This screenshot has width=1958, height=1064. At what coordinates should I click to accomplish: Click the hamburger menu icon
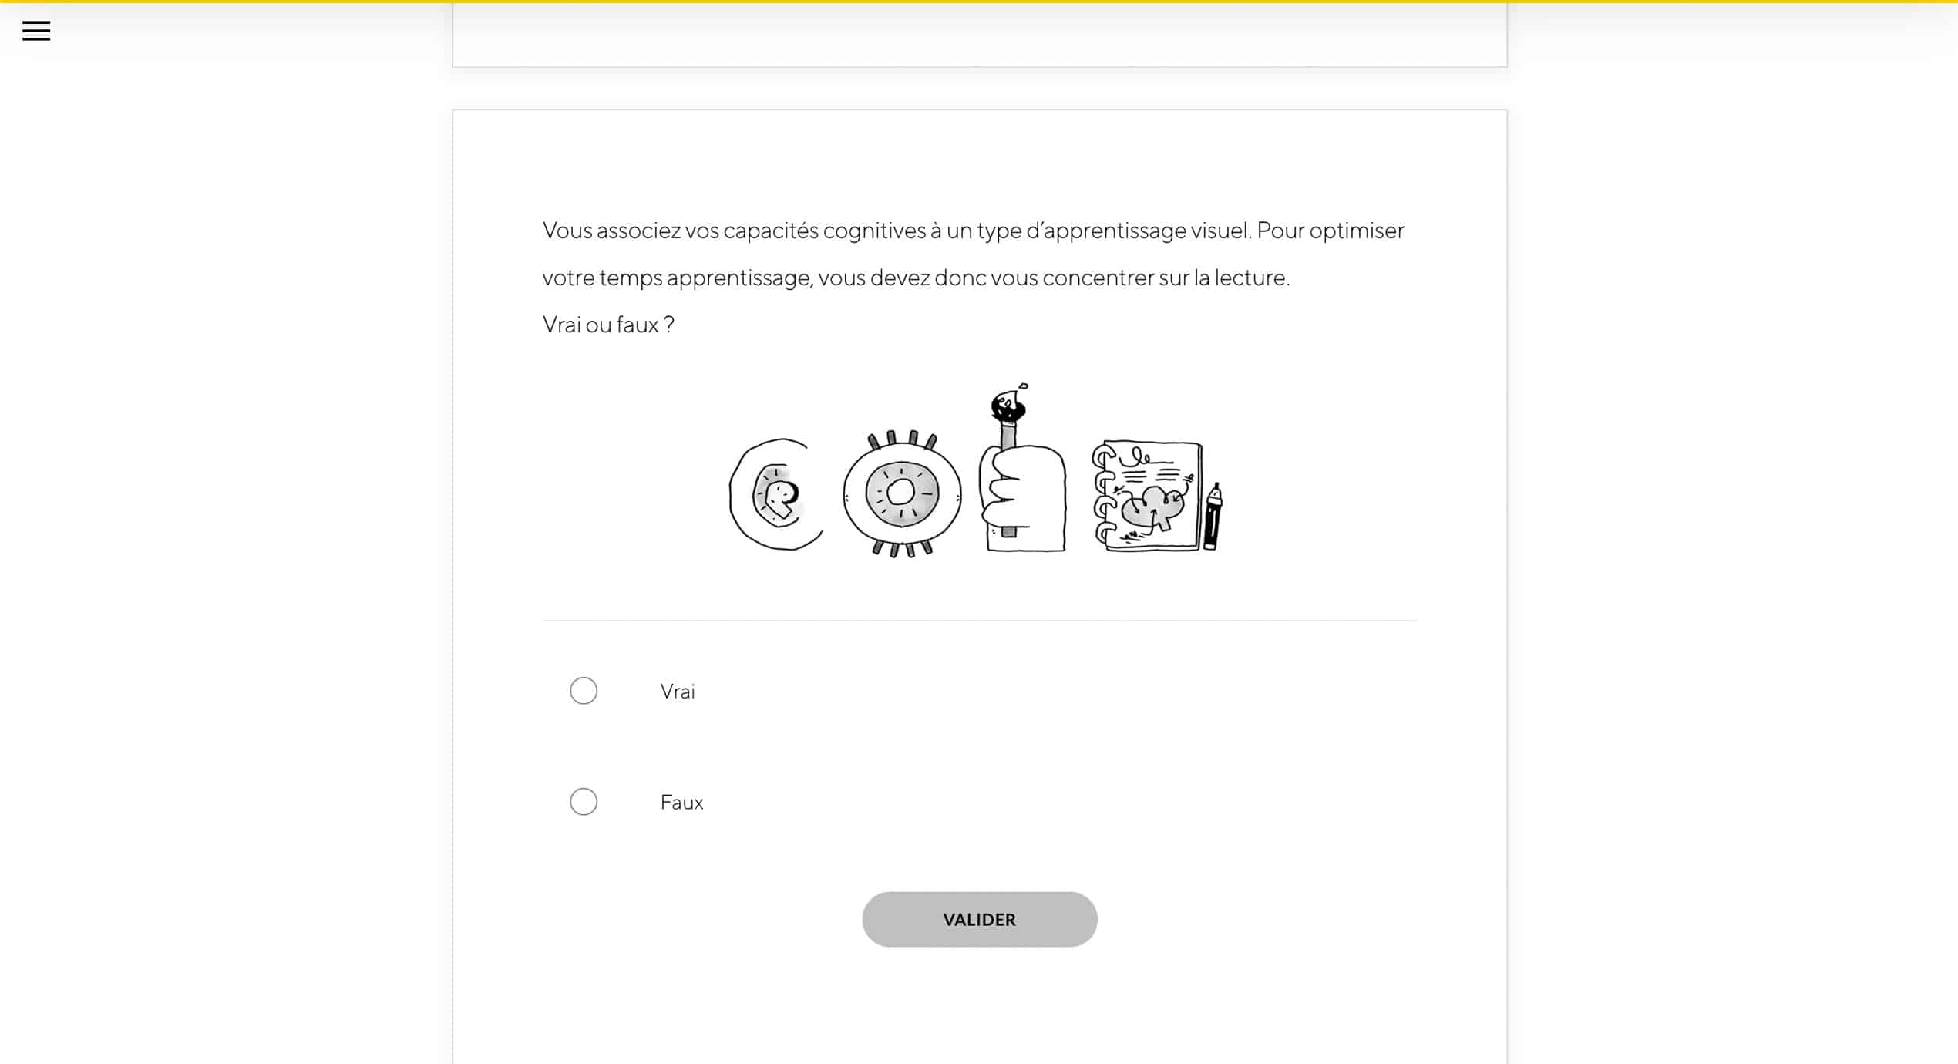[36, 31]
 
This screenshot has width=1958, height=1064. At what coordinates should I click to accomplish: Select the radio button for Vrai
[584, 691]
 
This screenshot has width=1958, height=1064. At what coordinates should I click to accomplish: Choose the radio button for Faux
[584, 802]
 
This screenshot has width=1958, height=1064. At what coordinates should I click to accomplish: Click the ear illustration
[775, 494]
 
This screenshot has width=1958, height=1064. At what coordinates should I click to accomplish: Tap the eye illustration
[902, 493]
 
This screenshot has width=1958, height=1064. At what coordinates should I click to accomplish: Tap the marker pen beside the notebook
[1213, 517]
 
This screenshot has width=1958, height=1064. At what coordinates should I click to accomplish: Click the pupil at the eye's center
[900, 492]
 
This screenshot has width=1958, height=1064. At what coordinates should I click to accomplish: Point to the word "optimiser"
[1357, 231]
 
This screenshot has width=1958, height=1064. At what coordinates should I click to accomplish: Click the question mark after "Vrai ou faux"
[669, 325]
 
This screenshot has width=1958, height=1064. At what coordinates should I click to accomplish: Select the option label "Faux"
[681, 803]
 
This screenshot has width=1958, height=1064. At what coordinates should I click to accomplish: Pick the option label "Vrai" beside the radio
[678, 692]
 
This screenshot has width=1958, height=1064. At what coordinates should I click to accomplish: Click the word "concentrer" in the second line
[1098, 278]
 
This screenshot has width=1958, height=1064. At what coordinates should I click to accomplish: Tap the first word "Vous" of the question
[567, 231]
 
